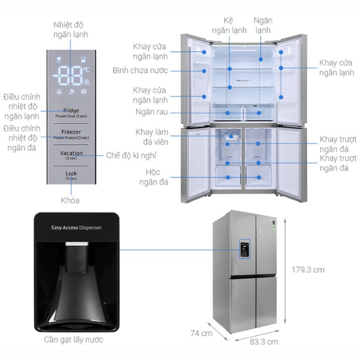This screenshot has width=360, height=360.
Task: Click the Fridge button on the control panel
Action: tap(71, 112)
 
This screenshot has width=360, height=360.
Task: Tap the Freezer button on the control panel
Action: tap(71, 134)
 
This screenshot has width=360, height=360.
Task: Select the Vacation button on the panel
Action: tap(71, 155)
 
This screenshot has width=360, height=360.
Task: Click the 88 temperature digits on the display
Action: tap(70, 76)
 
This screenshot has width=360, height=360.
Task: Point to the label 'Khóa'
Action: tap(70, 200)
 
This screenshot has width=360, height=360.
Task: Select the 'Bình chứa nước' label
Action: tap(140, 70)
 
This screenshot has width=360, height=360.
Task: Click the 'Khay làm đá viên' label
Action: tap(152, 137)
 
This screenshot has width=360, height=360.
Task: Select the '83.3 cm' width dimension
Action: tap(264, 342)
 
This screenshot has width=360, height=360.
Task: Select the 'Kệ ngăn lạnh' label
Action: tap(227, 25)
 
